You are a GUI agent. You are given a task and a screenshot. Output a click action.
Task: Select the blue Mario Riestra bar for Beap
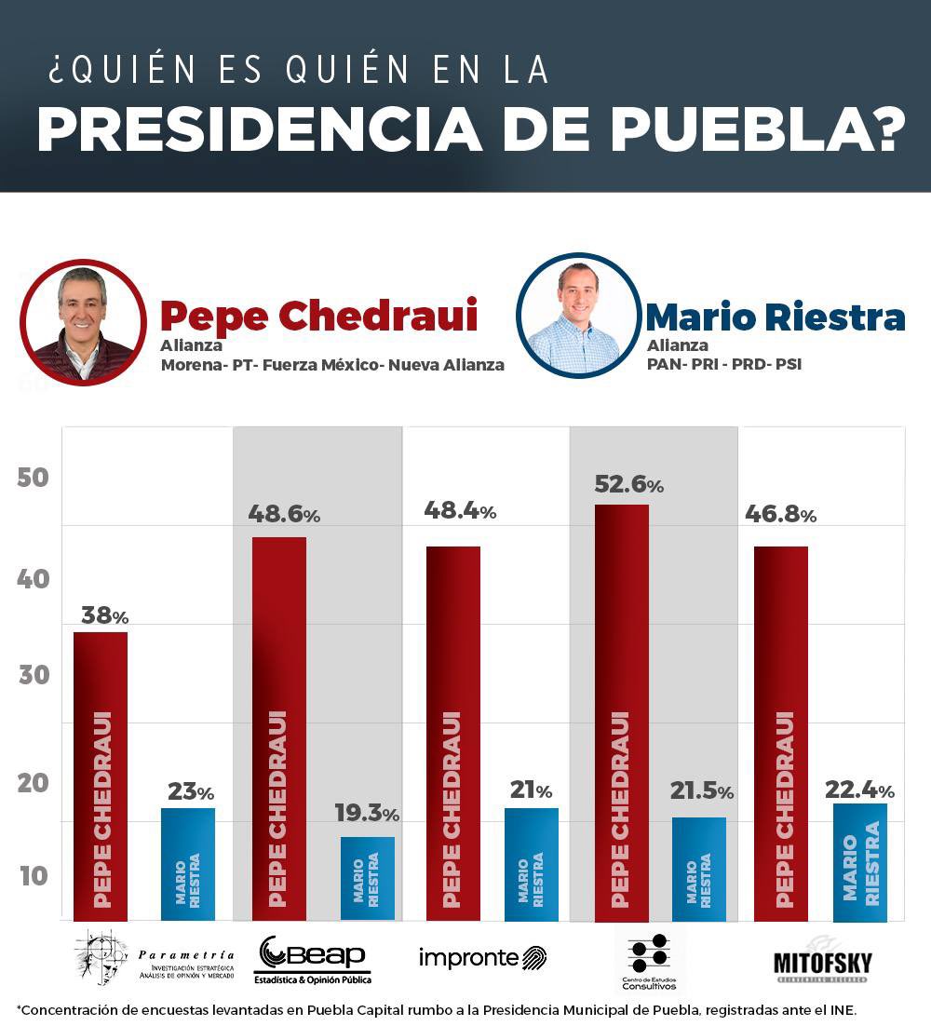367,878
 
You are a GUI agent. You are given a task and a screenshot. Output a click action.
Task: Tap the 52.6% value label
628,484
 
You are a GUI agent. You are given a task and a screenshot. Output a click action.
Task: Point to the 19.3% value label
367,813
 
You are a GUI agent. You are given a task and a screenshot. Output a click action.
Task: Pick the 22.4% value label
859,790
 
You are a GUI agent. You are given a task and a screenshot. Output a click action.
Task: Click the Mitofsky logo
822,961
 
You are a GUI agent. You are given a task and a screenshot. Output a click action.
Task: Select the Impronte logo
482,957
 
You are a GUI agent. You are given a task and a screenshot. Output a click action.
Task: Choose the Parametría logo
155,958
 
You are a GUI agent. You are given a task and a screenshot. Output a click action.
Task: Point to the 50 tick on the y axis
33,478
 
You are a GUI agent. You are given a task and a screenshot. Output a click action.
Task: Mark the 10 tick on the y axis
33,876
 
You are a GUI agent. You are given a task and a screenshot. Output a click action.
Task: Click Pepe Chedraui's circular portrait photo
83,322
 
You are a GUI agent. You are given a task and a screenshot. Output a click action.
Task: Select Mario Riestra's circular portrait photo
578,317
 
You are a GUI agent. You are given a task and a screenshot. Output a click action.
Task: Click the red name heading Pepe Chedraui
318,316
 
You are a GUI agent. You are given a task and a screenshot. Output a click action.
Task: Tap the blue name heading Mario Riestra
775,317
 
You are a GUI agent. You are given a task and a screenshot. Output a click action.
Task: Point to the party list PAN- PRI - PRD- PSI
723,364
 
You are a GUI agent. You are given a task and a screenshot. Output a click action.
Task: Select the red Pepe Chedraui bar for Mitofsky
780,733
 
